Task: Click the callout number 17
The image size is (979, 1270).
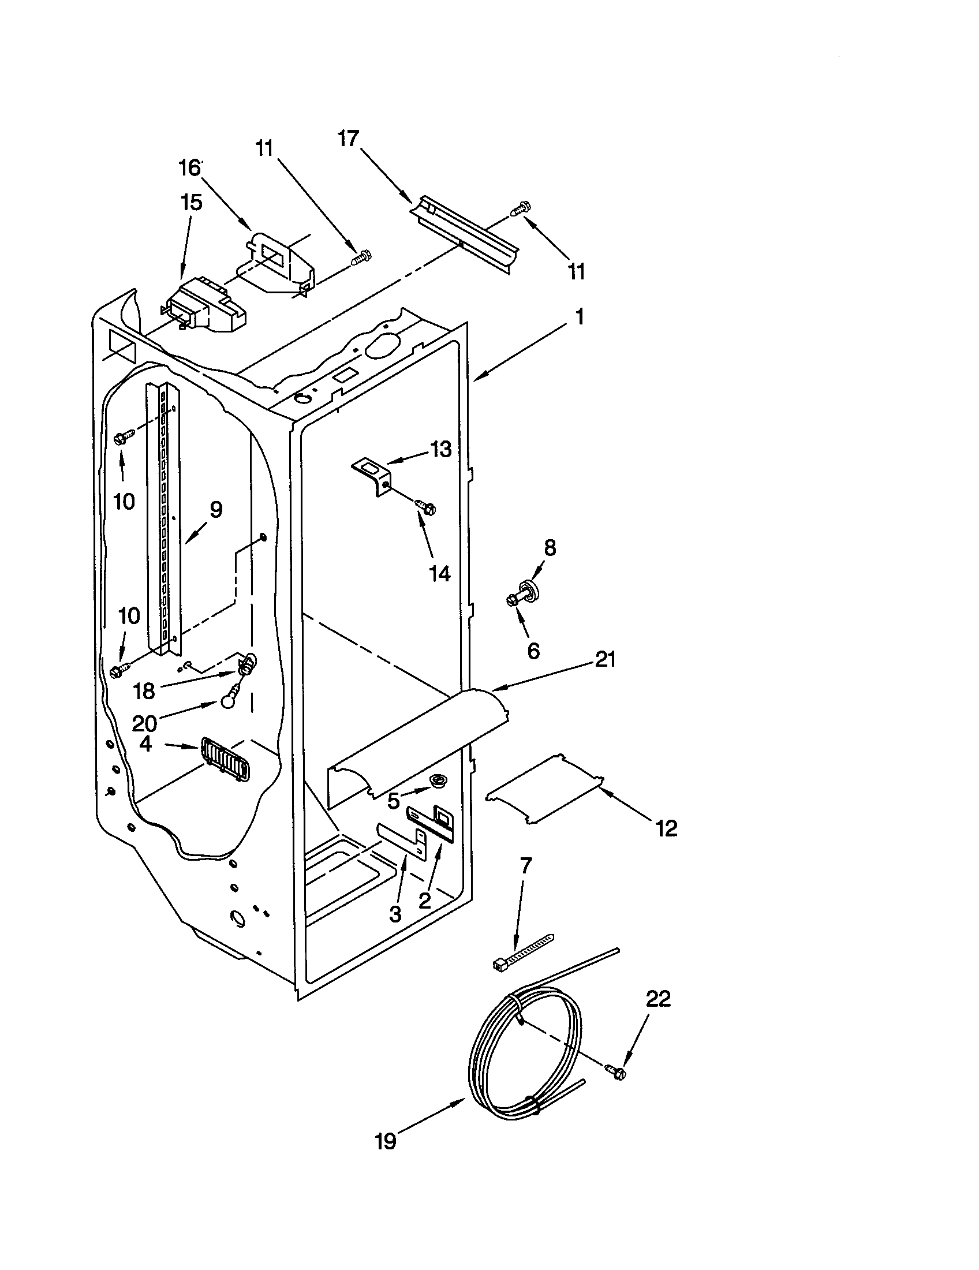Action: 349,140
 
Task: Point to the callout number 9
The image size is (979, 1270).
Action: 216,510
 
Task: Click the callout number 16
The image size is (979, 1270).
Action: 189,168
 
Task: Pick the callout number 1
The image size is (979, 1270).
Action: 579,317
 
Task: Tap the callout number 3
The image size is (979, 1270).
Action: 395,914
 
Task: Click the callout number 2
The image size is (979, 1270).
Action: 425,901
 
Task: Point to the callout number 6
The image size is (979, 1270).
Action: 533,651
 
